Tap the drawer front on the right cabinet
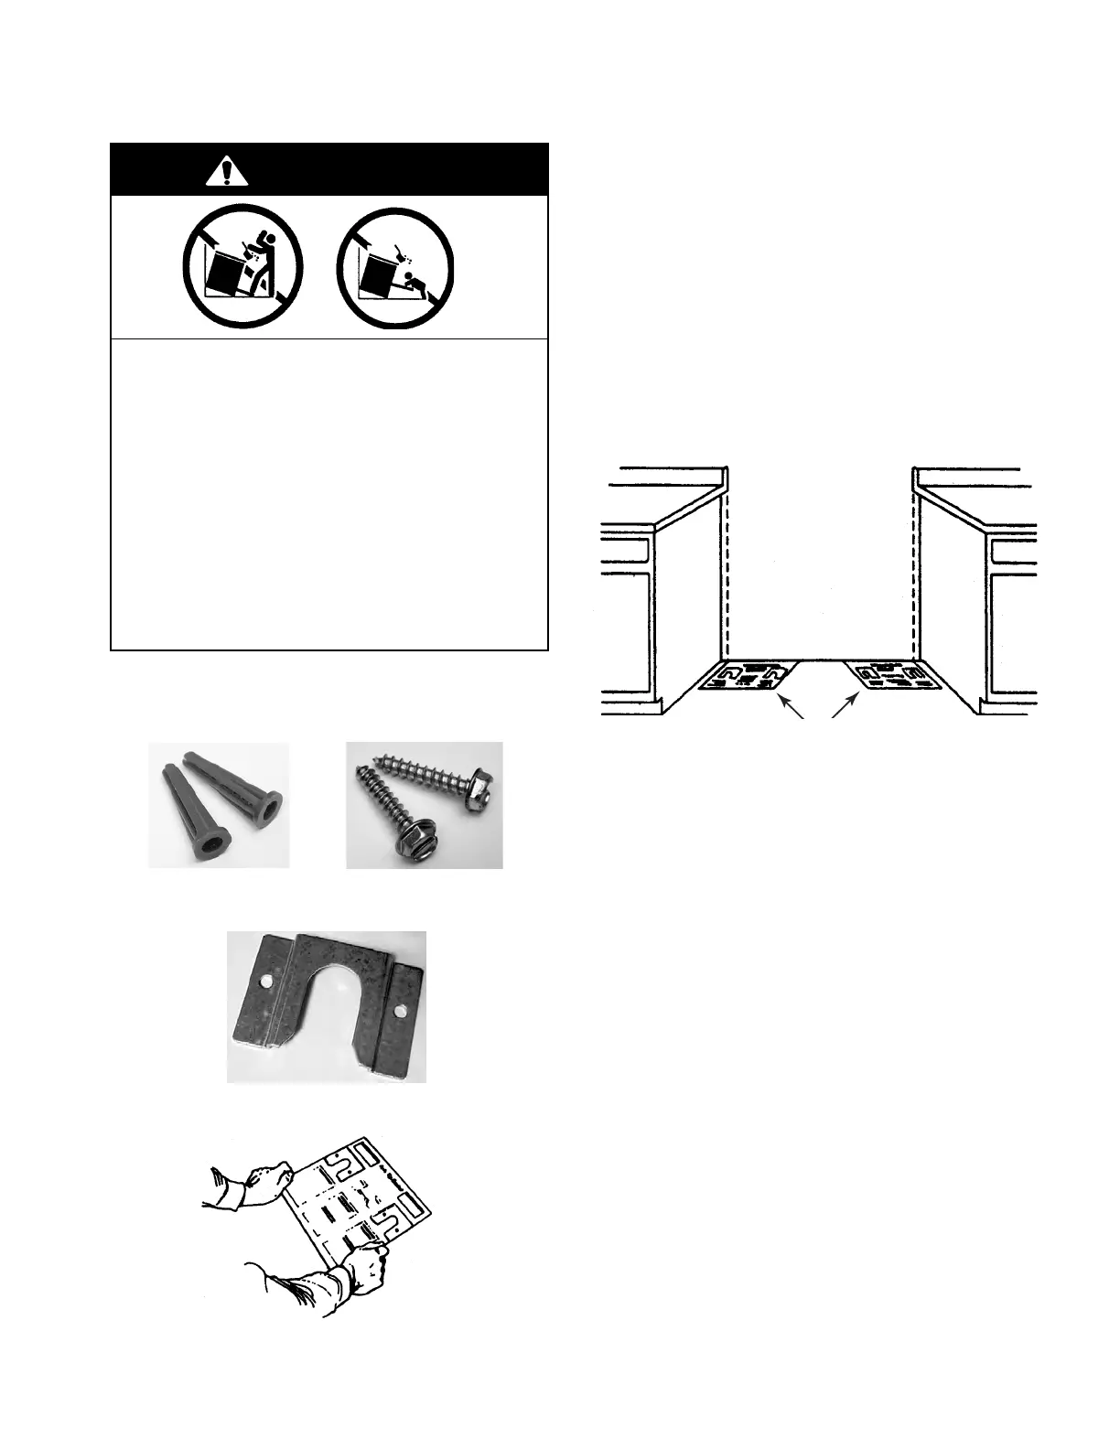[x=1012, y=549]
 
